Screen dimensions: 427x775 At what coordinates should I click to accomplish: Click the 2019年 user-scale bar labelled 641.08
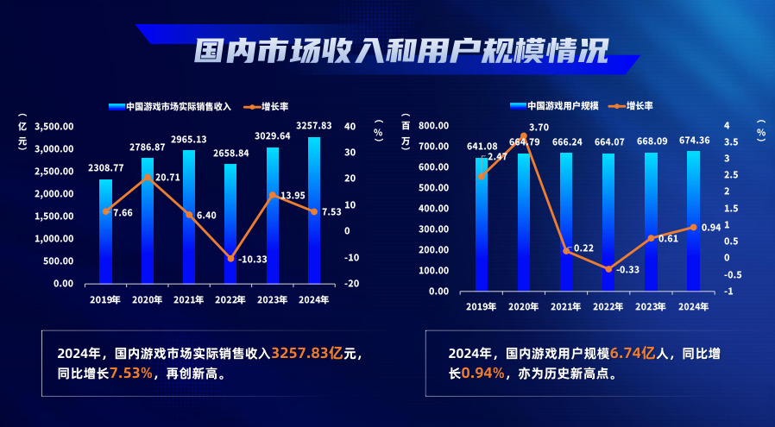click(482, 224)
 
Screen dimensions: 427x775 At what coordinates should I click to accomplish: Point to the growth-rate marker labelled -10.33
click(231, 259)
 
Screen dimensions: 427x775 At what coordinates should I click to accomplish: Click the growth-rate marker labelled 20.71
click(148, 177)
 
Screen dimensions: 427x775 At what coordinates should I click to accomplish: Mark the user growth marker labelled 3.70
click(523, 135)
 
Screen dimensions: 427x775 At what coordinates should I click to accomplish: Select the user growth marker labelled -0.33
click(608, 269)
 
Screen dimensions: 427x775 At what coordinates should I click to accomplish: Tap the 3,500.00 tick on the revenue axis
click(54, 126)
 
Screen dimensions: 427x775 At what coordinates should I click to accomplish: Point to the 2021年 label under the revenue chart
click(190, 300)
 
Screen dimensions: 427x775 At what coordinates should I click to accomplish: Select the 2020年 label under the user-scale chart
click(524, 308)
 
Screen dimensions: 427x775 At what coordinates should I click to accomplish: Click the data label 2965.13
click(189, 139)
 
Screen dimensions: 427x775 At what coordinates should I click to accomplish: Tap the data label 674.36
click(693, 140)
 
